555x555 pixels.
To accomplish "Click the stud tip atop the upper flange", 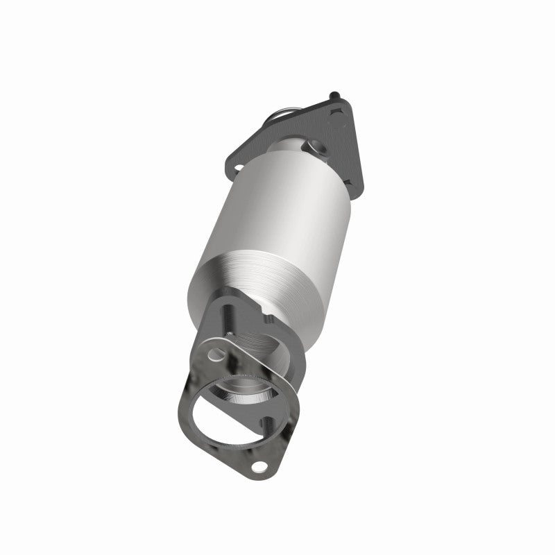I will pyautogui.click(x=335, y=94).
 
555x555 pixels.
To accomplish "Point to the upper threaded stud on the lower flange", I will pyautogui.click(x=226, y=321).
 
